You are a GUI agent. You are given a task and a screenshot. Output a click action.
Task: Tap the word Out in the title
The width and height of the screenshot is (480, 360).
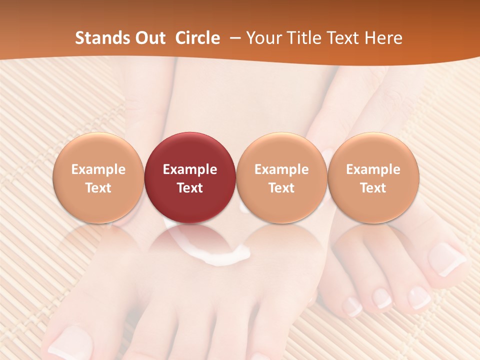149,38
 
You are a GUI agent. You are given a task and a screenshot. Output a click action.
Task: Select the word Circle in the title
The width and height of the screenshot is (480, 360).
197,38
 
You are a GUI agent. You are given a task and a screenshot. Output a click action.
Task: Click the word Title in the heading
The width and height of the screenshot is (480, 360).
304,38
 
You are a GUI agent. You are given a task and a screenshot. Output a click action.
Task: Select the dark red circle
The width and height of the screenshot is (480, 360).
190,177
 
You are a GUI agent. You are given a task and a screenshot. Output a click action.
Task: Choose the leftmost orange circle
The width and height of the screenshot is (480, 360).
98,177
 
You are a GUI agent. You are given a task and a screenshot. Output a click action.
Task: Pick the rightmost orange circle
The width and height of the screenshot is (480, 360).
373,177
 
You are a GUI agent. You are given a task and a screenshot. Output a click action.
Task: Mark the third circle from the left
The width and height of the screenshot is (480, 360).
281,177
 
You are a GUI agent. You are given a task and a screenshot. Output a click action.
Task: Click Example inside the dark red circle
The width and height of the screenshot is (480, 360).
190,169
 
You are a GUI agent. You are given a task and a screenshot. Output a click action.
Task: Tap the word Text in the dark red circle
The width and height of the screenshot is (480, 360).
190,188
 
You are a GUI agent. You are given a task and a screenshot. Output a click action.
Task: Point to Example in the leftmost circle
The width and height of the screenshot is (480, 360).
98,169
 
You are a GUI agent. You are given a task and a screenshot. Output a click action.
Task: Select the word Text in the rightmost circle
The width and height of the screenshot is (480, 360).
373,188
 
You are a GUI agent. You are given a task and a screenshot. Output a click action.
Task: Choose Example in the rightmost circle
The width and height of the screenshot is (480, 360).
373,169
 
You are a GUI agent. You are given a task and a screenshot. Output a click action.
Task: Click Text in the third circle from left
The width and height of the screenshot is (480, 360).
281,188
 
